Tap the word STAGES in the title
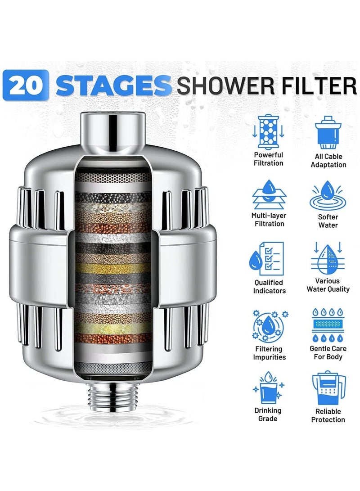tap(114, 85)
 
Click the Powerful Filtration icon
tap(268, 131)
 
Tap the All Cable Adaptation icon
tap(328, 132)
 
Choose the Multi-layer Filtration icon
tap(268, 194)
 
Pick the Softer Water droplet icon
tap(328, 194)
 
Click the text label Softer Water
tap(328, 221)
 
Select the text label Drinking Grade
tap(268, 414)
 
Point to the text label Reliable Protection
tap(328, 415)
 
